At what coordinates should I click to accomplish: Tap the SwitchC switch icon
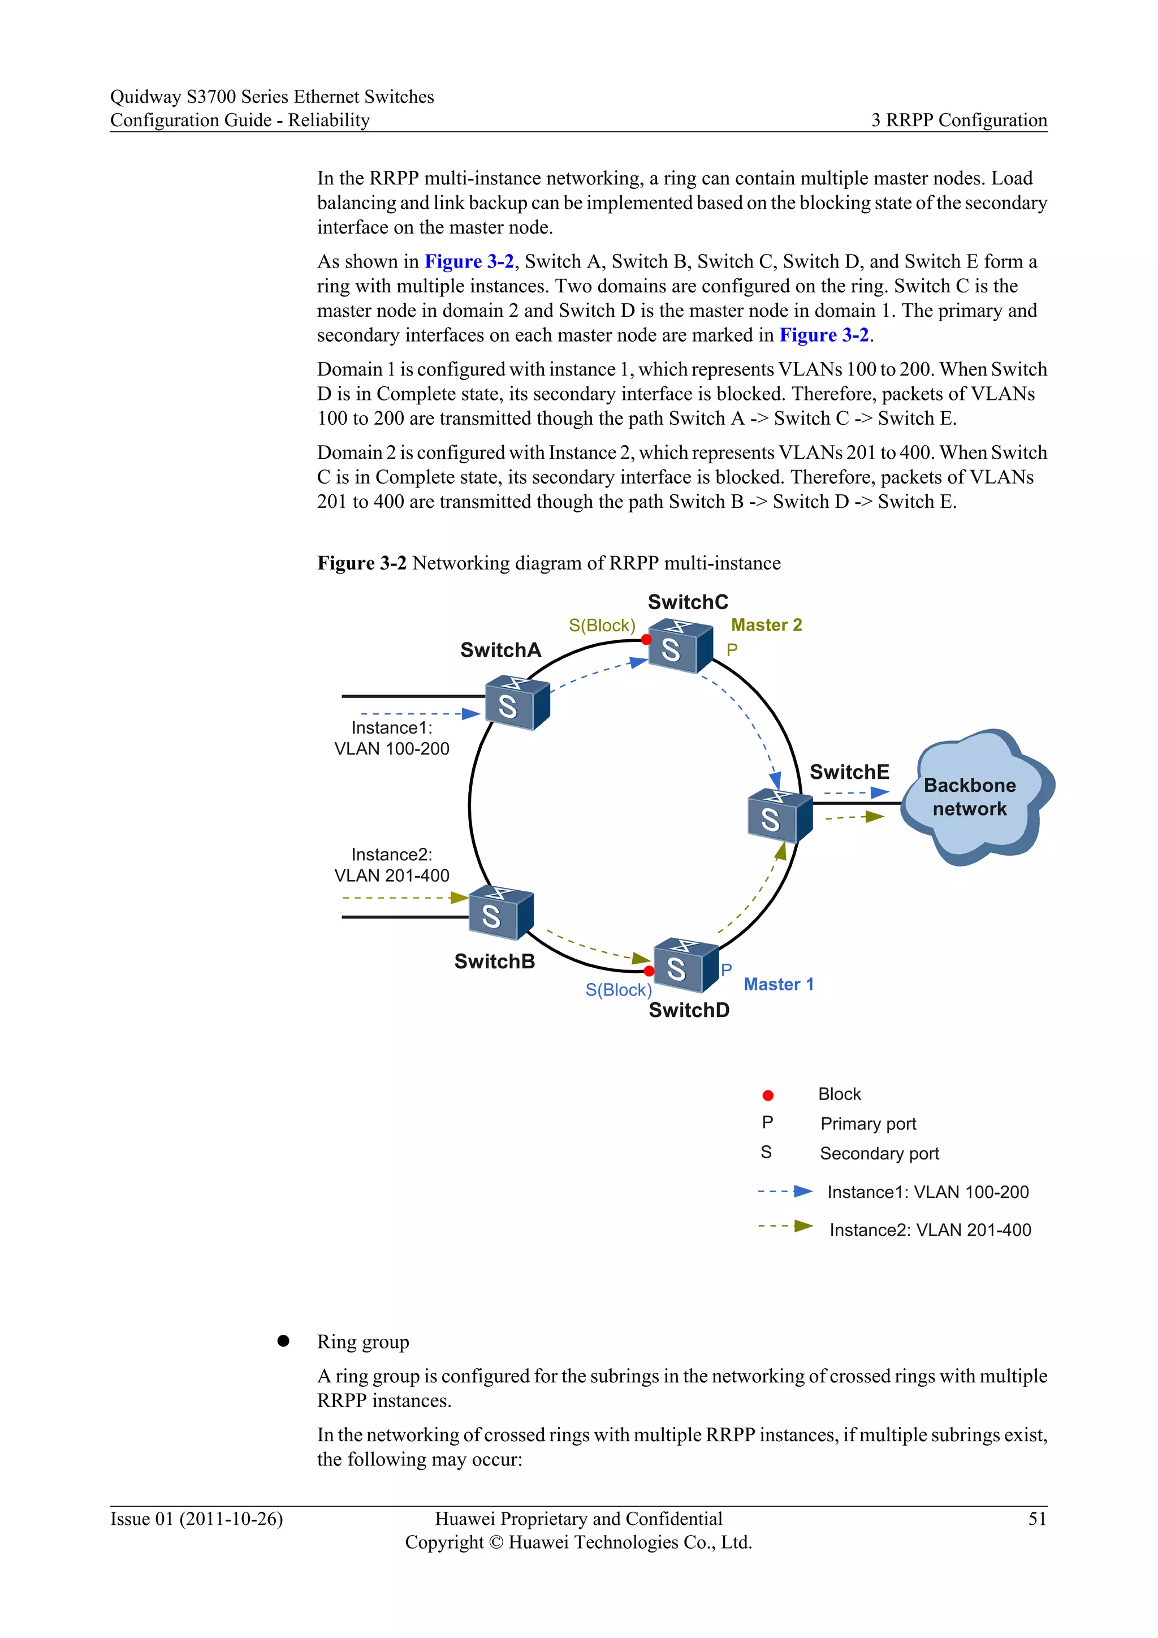tap(679, 646)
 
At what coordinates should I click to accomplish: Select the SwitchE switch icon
tap(779, 816)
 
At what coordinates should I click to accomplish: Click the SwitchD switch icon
tap(685, 966)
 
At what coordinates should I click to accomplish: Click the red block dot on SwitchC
tap(646, 639)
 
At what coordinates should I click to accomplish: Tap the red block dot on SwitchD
tap(649, 971)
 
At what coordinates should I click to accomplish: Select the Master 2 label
tap(767, 625)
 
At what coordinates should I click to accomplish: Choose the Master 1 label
tap(778, 985)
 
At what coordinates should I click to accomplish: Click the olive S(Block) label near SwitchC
tap(602, 626)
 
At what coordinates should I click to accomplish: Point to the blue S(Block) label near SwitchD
tap(618, 990)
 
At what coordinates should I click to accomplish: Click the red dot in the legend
tap(768, 1095)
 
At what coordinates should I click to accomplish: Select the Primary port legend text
tap(868, 1124)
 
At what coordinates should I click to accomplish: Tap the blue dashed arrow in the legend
tap(784, 1191)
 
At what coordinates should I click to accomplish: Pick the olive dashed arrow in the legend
tap(784, 1226)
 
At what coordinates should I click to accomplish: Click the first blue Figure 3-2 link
tap(469, 262)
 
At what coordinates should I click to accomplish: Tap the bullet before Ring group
tap(283, 1341)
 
